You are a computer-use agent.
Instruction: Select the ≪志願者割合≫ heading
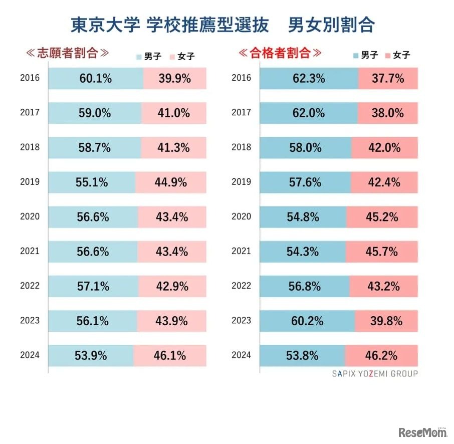click(67, 53)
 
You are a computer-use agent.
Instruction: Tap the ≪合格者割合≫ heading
click(279, 53)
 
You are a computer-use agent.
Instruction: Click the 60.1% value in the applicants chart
click(95, 79)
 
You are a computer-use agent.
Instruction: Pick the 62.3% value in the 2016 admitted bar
click(309, 79)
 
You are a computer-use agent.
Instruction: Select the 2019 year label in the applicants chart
click(30, 182)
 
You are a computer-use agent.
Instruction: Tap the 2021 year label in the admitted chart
click(241, 252)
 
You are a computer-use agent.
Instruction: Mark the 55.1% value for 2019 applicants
click(92, 182)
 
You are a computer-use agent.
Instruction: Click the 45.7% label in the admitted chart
click(381, 252)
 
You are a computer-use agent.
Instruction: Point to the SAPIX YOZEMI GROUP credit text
click(374, 373)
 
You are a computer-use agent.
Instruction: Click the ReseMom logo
click(423, 432)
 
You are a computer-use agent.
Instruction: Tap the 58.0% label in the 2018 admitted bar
click(305, 148)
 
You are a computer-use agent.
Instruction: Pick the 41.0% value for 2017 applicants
click(173, 113)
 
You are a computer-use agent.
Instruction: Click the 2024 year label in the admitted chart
click(241, 355)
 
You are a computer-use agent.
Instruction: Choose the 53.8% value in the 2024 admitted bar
click(302, 356)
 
